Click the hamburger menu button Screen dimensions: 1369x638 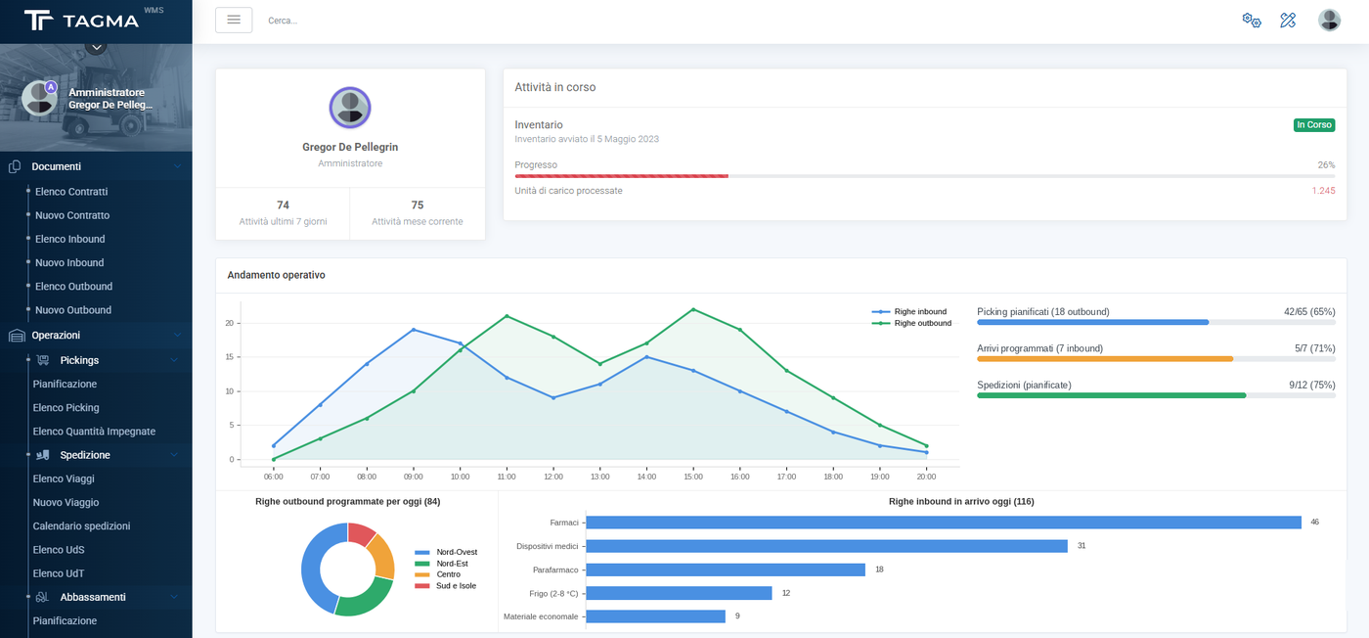pos(234,21)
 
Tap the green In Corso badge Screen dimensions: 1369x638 pos(1314,125)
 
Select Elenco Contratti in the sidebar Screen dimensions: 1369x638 pos(71,192)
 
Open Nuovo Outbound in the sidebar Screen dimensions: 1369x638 pos(73,310)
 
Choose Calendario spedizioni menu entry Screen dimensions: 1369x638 pos(81,526)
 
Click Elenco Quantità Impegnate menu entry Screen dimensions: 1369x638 pos(94,432)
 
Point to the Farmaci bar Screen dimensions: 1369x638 pos(944,523)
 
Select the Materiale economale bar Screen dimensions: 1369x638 pos(656,616)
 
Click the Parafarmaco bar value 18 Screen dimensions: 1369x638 pos(879,570)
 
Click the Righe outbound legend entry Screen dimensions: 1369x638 pos(911,323)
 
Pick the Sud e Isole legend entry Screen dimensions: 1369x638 pos(446,586)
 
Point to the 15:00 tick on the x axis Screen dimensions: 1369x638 pos(693,477)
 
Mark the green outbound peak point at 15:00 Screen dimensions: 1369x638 pos(693,309)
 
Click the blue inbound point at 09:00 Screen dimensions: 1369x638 pos(414,330)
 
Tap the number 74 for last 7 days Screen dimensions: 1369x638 pos(283,205)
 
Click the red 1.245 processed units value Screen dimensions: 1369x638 pos(1323,191)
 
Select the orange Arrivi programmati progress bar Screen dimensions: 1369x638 pos(1105,359)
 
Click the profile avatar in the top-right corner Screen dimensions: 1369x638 pos(1329,21)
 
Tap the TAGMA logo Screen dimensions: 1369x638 pos(82,21)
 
